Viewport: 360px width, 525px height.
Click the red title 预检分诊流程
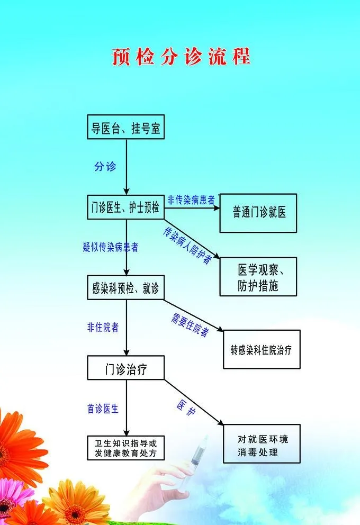click(181, 57)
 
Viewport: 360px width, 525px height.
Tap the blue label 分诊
click(105, 166)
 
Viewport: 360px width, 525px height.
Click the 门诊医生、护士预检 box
click(126, 206)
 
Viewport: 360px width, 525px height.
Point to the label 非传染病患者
click(191, 200)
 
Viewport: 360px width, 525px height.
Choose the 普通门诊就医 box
click(258, 213)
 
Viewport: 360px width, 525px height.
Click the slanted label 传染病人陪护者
click(187, 245)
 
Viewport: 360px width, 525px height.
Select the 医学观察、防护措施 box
click(258, 277)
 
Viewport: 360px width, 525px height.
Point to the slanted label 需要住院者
click(190, 324)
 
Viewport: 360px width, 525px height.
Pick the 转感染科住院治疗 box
click(262, 349)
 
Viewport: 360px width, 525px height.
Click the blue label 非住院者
click(103, 327)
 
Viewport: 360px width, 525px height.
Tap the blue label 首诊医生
click(103, 408)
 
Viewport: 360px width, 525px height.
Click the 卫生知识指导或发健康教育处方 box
click(126, 448)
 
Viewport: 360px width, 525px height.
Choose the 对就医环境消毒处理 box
click(262, 444)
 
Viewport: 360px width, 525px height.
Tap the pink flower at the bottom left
click(12, 495)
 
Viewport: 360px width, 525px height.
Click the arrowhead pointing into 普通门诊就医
click(217, 207)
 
